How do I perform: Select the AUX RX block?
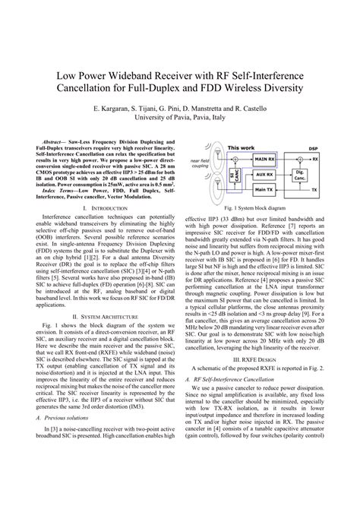pos(261,174)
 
